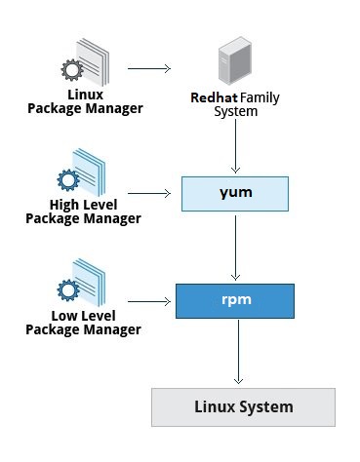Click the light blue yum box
[235, 193]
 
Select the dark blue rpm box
[235, 300]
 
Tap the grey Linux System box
[242, 405]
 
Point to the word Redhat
[214, 98]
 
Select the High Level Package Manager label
[95, 212]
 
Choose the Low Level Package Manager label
[95, 323]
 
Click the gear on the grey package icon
[71, 71]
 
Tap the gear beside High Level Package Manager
[67, 180]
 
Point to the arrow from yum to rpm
[235, 247]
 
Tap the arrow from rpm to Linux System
[235, 353]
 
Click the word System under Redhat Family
[235, 112]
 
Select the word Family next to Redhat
[259, 98]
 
